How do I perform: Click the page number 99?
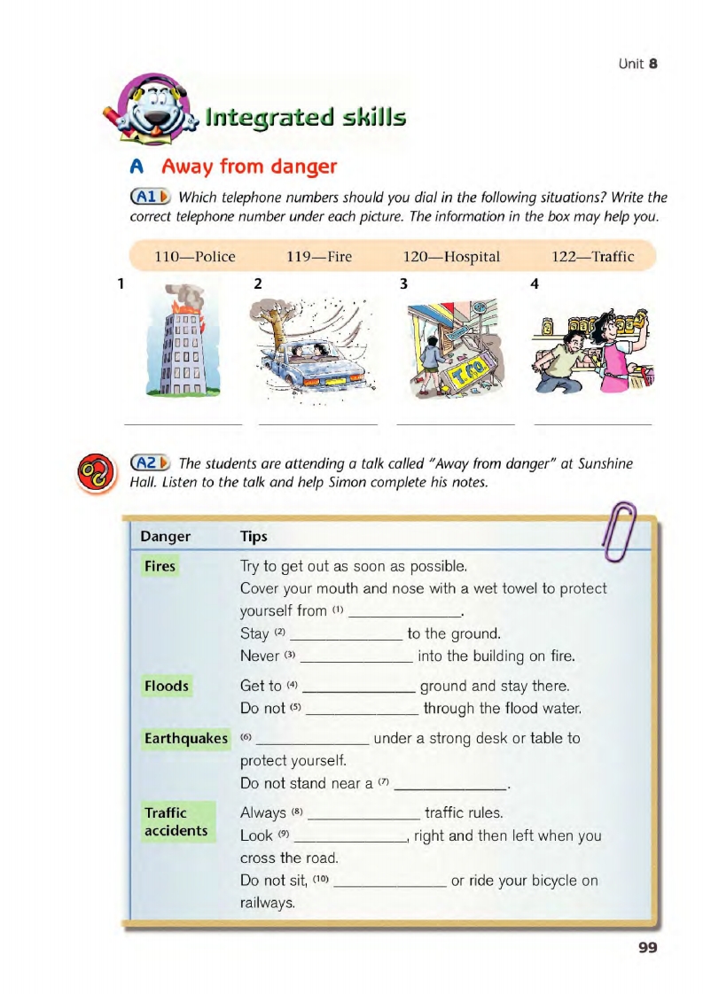coord(647,948)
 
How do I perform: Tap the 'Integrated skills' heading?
coord(305,117)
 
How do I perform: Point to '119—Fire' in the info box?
coord(319,257)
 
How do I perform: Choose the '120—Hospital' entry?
coord(451,257)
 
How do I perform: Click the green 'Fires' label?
coord(160,566)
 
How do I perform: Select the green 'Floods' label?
coord(166,686)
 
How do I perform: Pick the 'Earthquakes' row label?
coord(186,738)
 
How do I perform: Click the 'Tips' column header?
coord(254,537)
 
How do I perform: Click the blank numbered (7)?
coord(450,785)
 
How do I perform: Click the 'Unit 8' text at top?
coord(637,64)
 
